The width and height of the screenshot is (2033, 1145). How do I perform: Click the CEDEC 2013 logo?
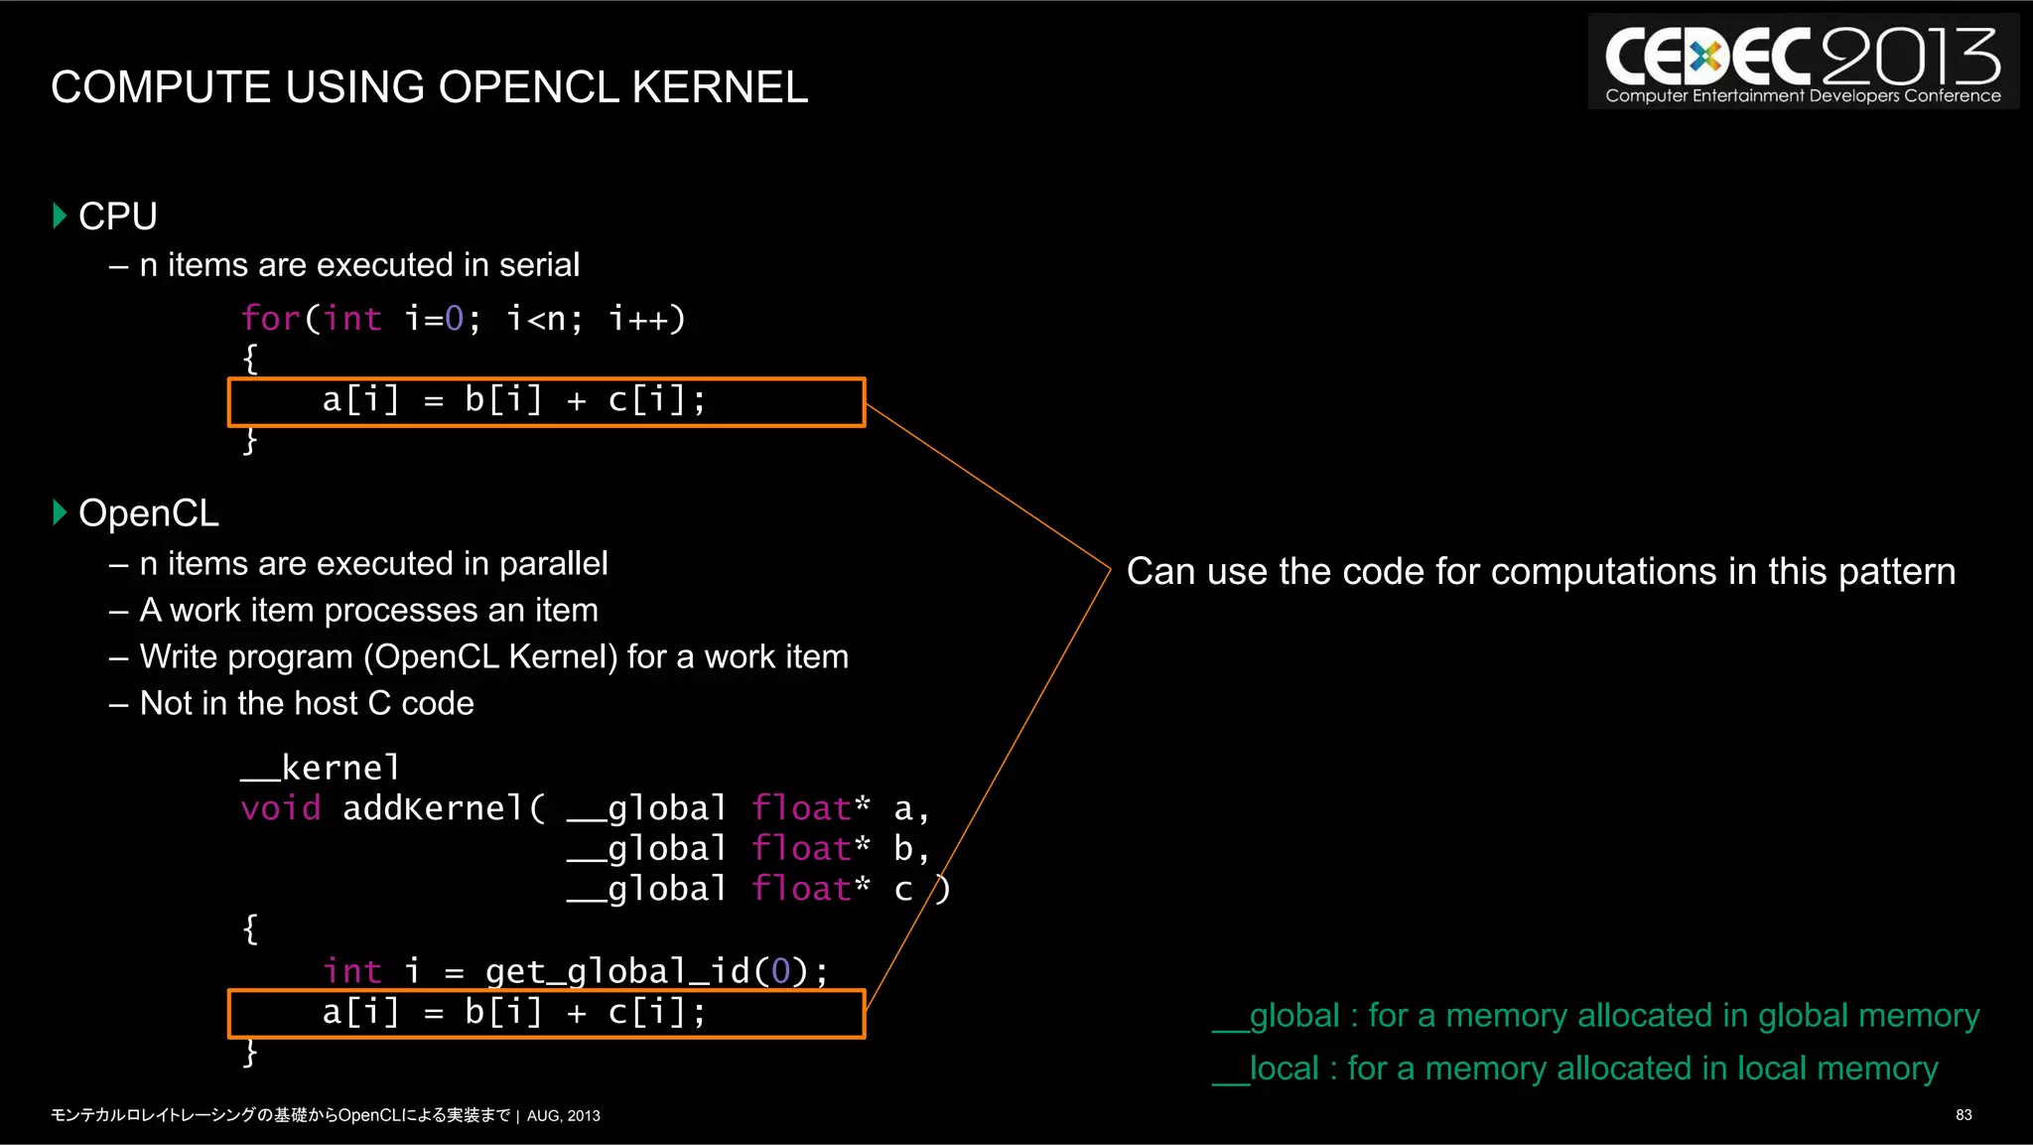click(1803, 62)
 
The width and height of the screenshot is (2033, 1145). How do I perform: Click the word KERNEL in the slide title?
click(720, 87)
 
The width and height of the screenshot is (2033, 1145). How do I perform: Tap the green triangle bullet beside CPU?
click(60, 215)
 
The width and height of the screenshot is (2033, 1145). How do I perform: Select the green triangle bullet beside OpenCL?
click(60, 512)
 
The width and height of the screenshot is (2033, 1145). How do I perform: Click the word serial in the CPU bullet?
click(539, 265)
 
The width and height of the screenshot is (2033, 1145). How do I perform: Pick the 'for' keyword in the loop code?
click(270, 319)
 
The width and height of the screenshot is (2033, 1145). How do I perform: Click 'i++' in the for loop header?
click(646, 319)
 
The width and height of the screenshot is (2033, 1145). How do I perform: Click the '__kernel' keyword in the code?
click(320, 768)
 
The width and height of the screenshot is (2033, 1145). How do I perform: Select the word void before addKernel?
click(280, 808)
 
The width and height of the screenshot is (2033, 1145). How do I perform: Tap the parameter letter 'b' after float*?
click(902, 849)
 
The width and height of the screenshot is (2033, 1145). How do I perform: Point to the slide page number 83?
click(1963, 1115)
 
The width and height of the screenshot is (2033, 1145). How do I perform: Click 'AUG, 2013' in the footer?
click(563, 1116)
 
